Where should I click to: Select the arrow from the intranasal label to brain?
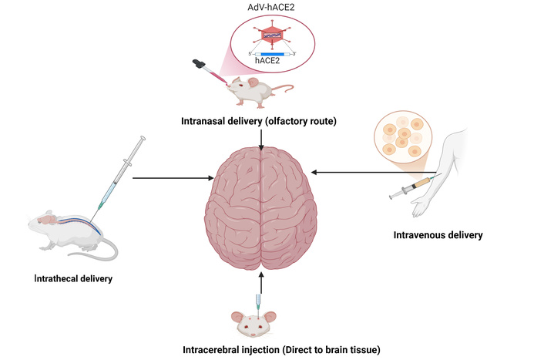click(x=262, y=137)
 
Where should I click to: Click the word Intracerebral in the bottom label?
click(x=213, y=351)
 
